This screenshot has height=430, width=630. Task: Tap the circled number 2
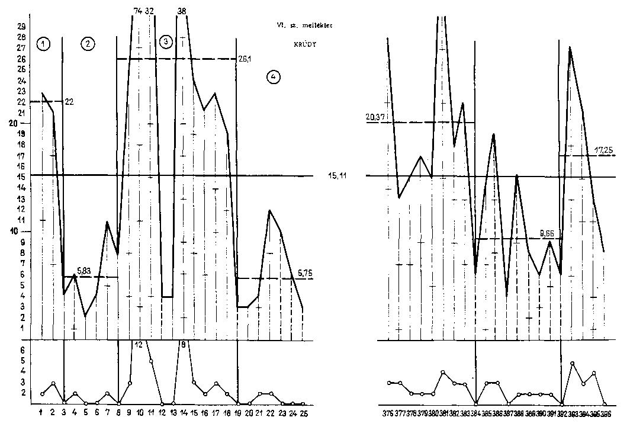point(88,43)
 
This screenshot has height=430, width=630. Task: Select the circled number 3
point(166,41)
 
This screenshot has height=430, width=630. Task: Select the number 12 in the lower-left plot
point(138,345)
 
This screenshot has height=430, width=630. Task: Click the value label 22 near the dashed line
point(69,102)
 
